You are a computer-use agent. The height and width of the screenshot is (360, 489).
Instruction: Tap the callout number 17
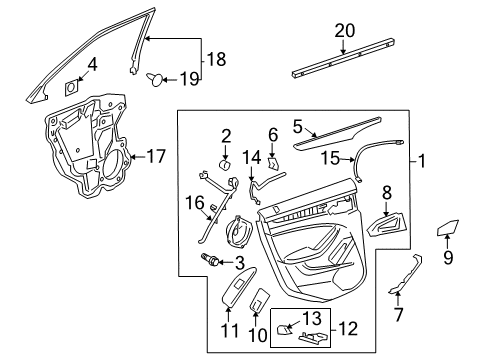(156, 155)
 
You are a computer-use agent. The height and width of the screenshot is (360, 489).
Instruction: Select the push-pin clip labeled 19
(157, 78)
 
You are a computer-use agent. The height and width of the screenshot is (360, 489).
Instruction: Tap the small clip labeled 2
(226, 163)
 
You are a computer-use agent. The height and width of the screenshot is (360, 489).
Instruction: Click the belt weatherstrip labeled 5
(345, 129)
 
